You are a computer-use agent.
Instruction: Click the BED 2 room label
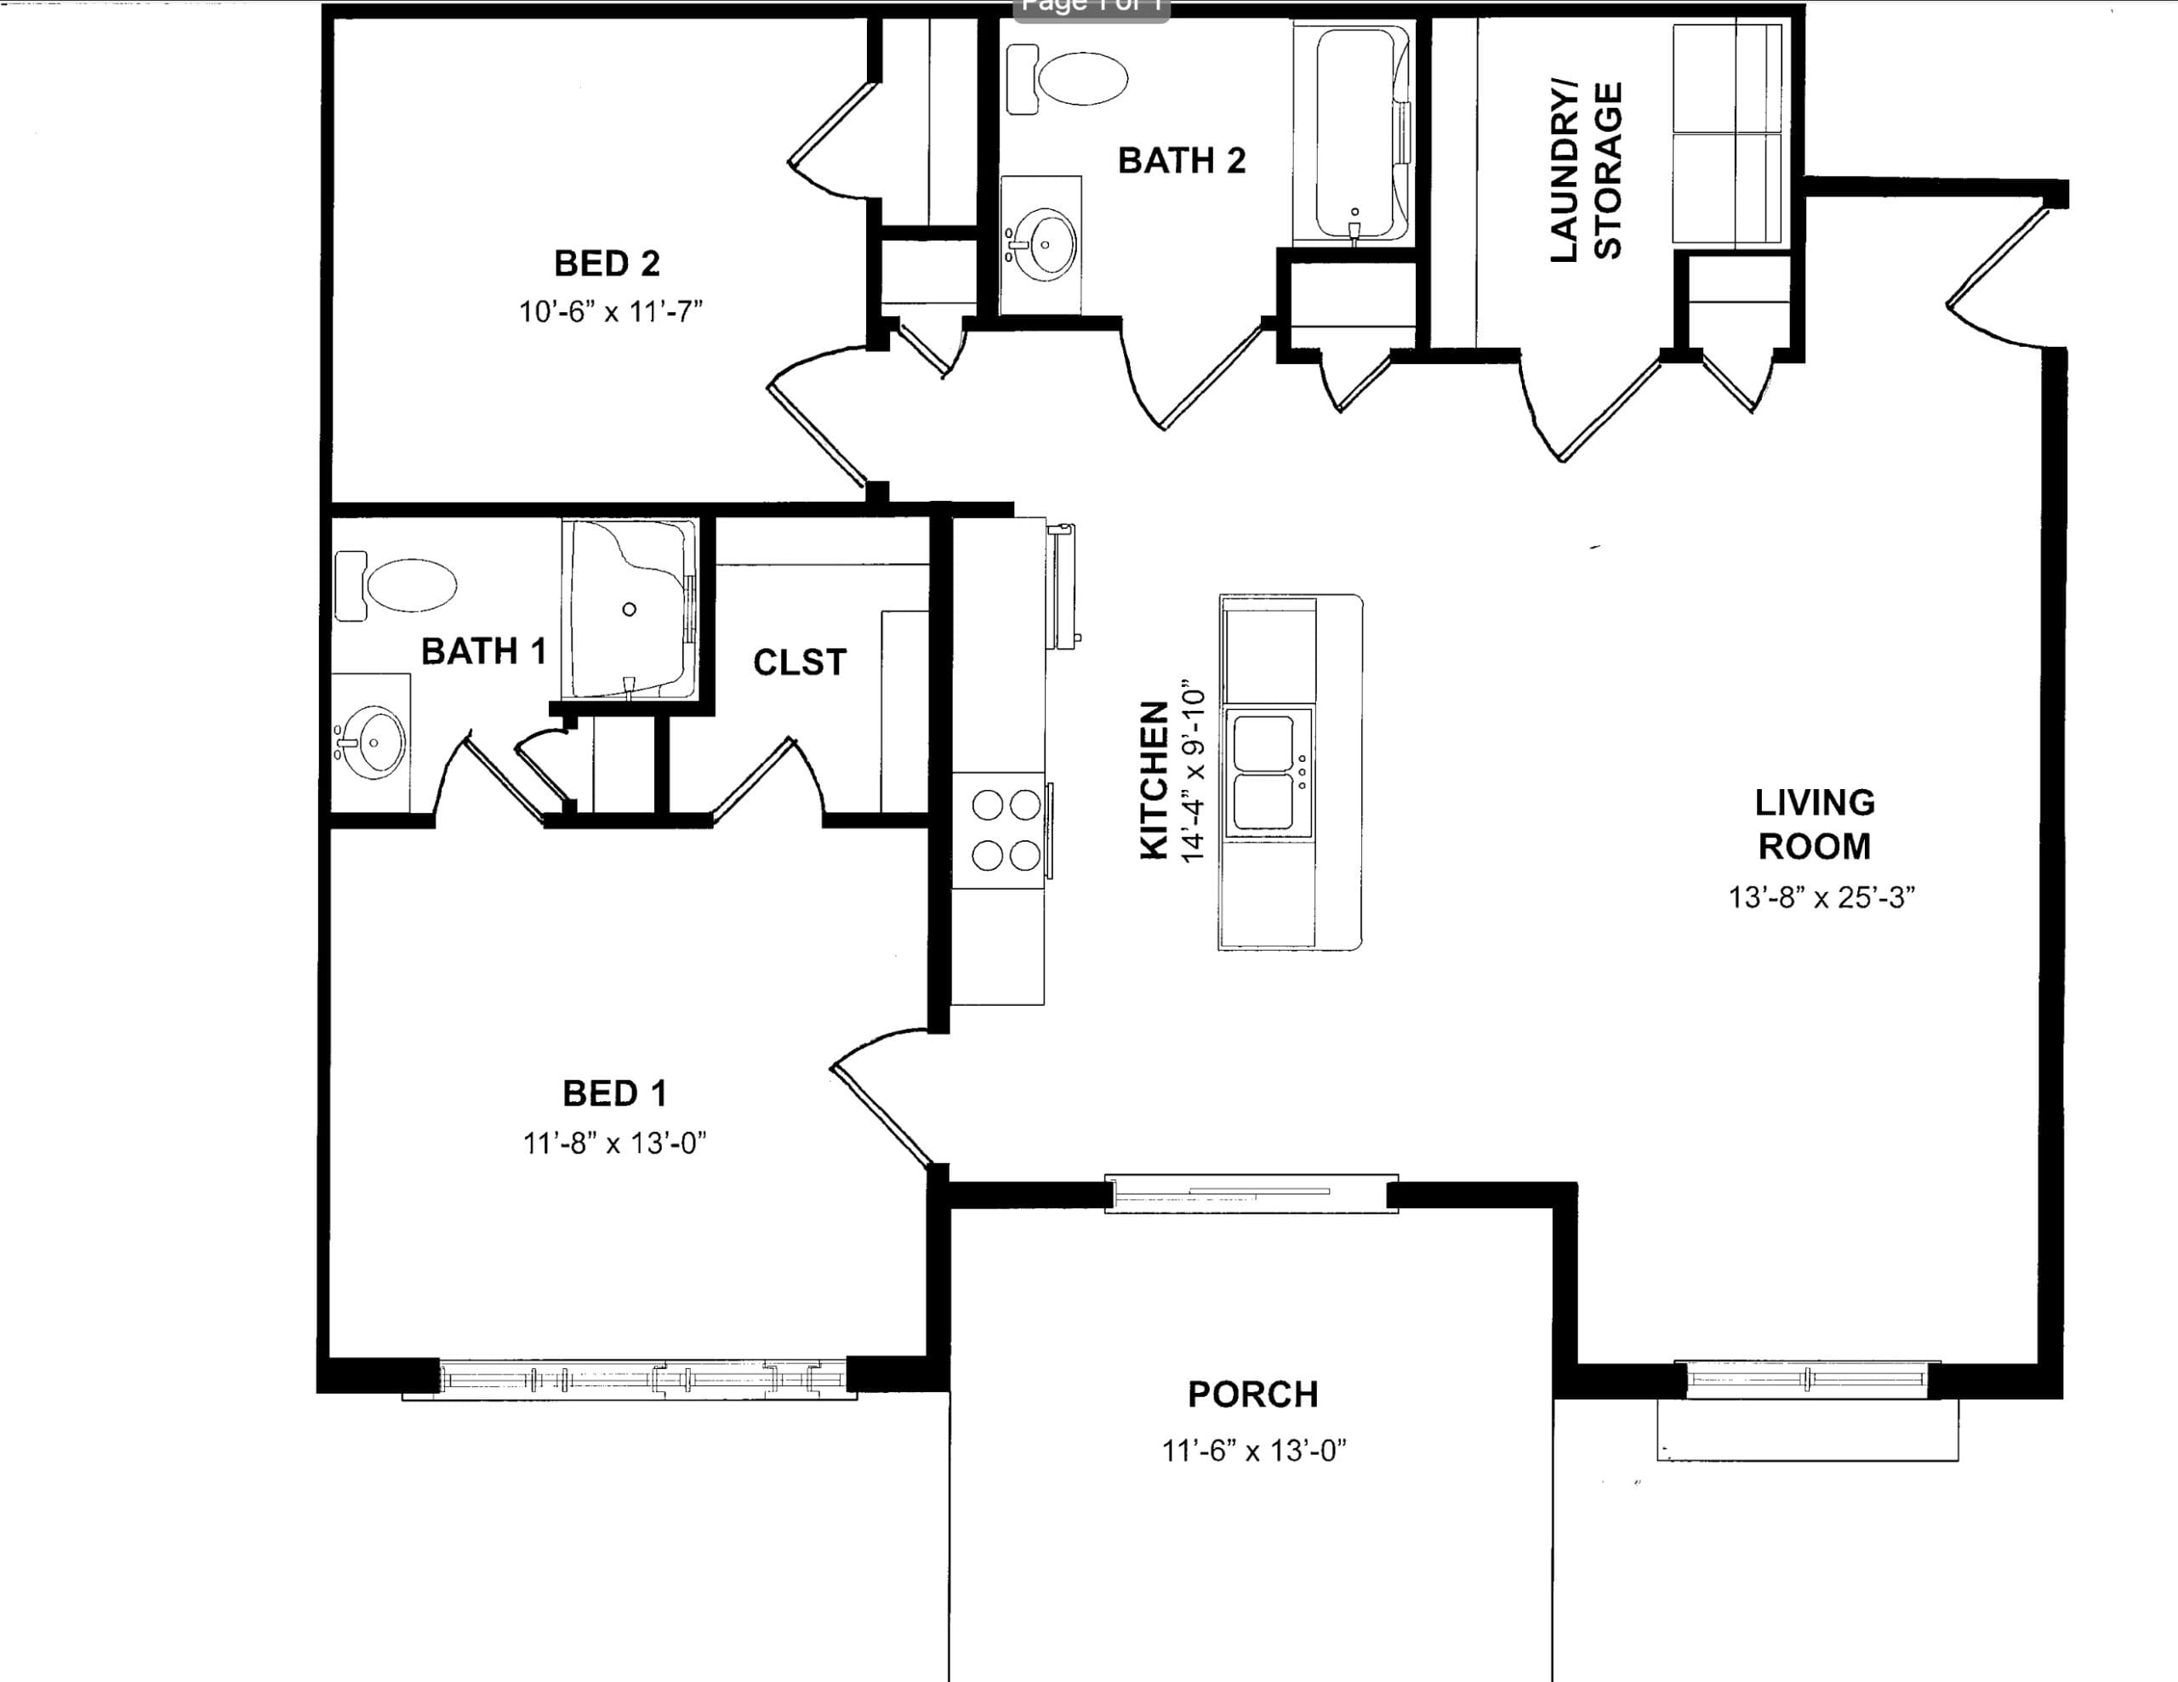[607, 264]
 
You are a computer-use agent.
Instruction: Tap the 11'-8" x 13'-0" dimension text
[615, 1143]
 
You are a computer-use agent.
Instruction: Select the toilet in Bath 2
[1066, 77]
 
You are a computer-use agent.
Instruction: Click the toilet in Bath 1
[396, 585]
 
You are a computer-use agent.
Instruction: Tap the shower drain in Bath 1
[630, 609]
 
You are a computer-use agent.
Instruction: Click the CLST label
[800, 662]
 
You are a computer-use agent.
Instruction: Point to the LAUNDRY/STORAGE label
[1586, 172]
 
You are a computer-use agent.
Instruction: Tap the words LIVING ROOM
[1815, 825]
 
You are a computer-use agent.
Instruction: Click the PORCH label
[1253, 1394]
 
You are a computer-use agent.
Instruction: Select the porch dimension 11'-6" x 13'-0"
[1253, 1451]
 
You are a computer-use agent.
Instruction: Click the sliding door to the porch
[1251, 1192]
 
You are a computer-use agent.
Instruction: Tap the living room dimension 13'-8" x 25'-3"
[1821, 897]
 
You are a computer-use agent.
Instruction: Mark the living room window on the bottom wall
[1807, 1380]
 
